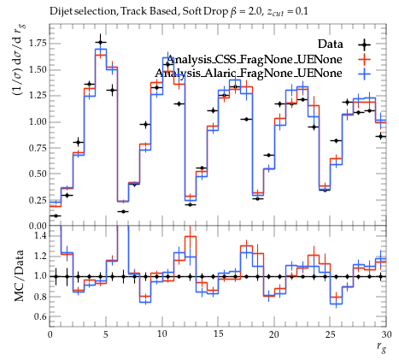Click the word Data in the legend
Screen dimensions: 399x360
point(331,44)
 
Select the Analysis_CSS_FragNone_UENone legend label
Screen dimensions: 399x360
point(254,60)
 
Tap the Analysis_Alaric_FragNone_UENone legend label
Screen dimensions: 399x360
point(249,74)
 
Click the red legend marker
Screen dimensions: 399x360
point(365,59)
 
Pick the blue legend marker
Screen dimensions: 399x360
point(365,74)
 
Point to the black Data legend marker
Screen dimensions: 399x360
point(365,44)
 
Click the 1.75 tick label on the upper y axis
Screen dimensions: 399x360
point(38,44)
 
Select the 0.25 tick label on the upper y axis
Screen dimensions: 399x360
point(38,200)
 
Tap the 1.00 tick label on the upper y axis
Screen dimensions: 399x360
point(38,121)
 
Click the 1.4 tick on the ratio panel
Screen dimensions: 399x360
point(41,235)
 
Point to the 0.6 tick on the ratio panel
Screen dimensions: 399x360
point(41,316)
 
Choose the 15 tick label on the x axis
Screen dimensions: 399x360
point(218,334)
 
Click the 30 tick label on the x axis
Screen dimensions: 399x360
point(386,334)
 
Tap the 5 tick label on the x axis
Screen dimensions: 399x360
point(106,334)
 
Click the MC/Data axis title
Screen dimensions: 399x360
point(19,275)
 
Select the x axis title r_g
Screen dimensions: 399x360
point(382,347)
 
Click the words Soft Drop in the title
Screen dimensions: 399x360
point(205,11)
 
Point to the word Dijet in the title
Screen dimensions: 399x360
point(58,12)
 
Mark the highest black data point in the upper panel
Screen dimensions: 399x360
point(100,43)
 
